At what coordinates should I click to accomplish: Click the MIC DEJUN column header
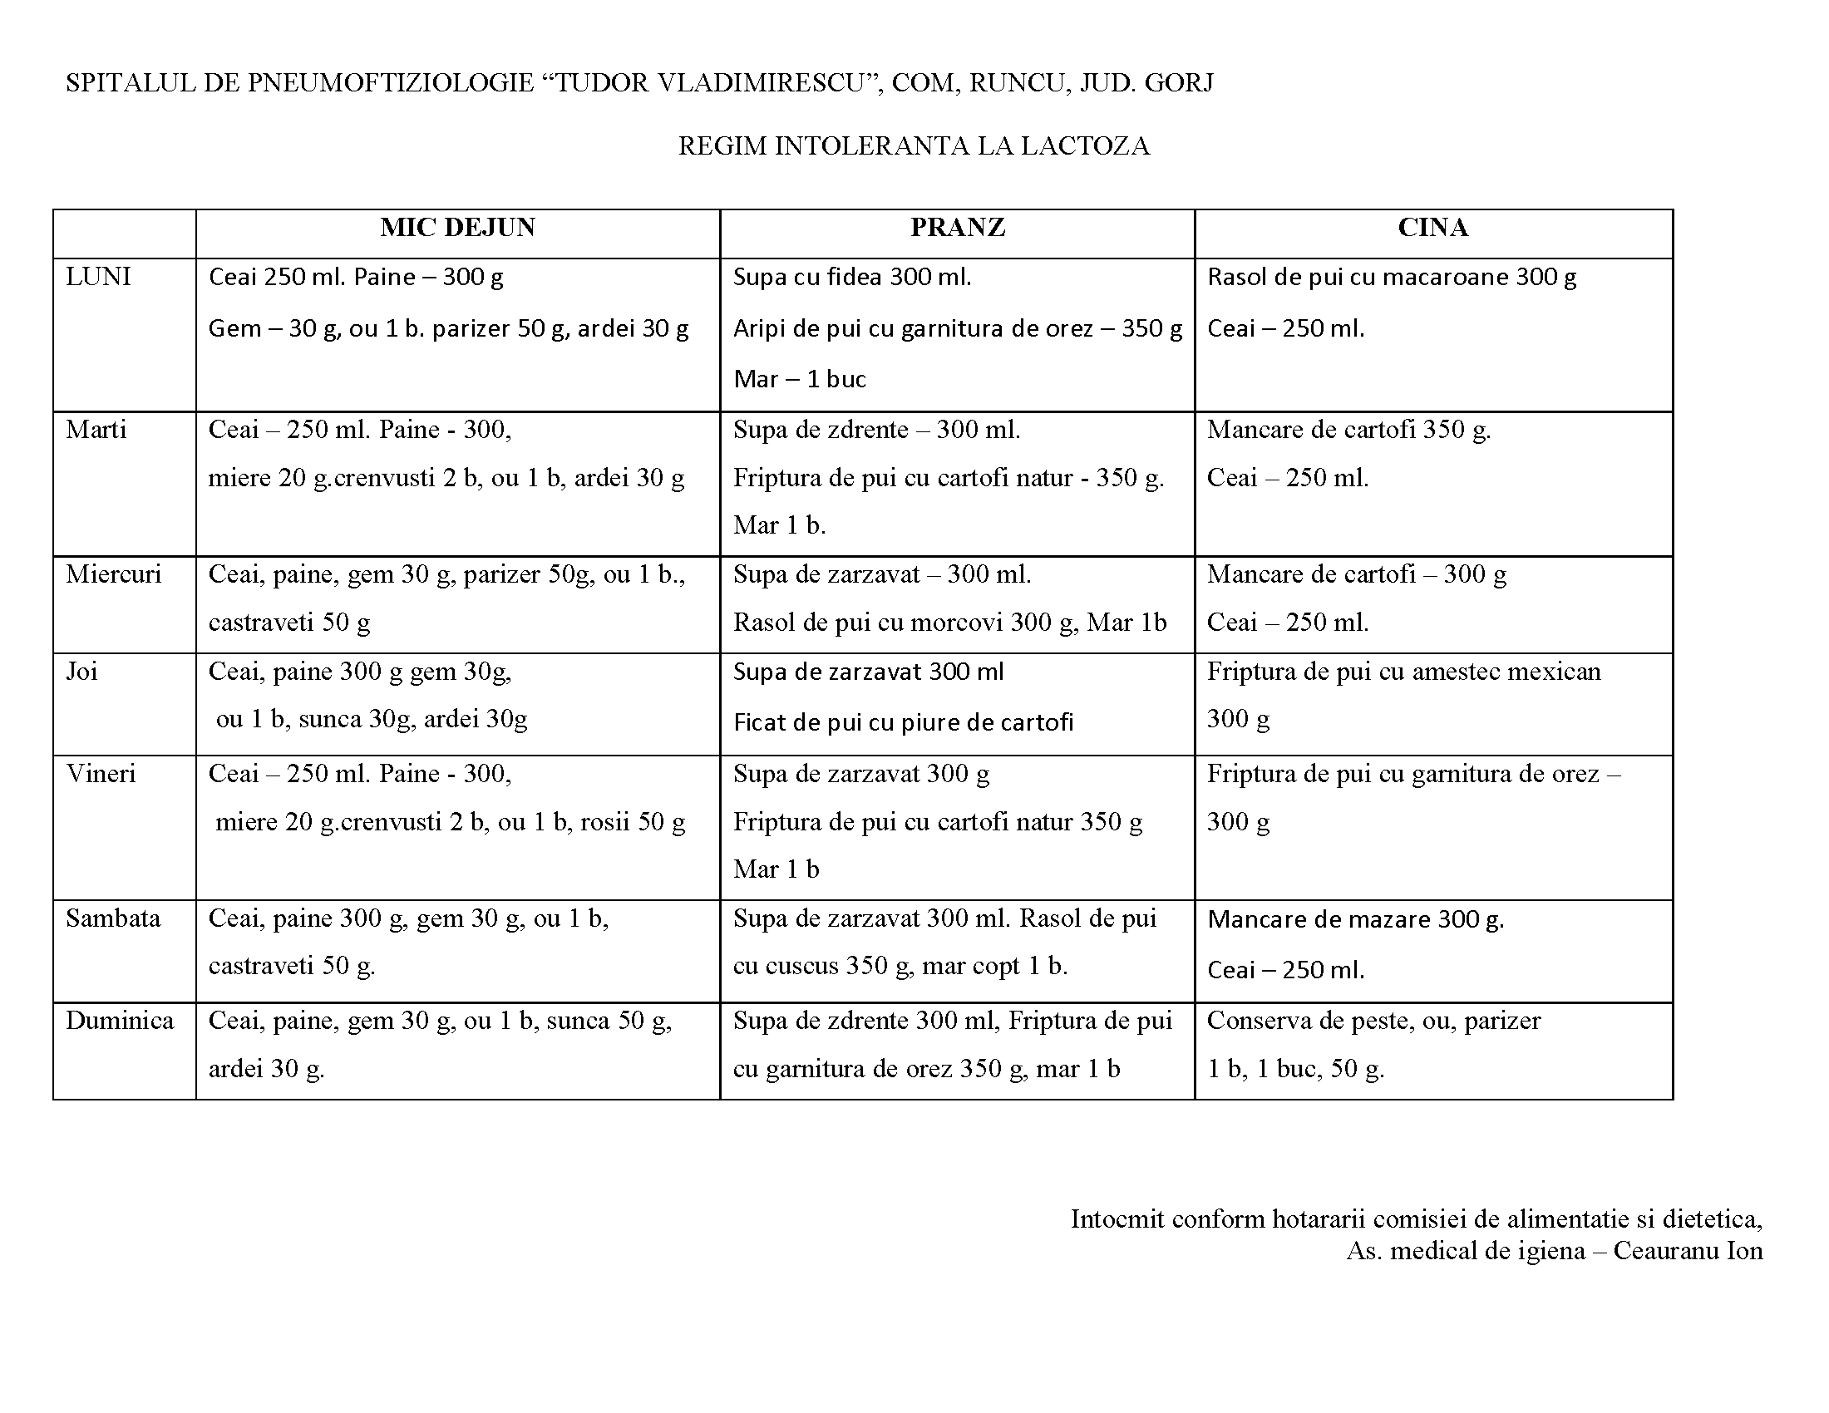[x=457, y=228]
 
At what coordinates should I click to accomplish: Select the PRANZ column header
[x=957, y=228]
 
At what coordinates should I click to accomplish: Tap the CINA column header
[x=1432, y=228]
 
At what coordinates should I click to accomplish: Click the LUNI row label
[x=98, y=277]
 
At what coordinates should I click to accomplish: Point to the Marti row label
[x=96, y=430]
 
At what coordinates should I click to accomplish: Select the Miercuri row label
[x=113, y=574]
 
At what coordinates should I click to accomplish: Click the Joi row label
[x=82, y=672]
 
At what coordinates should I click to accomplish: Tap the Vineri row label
[x=101, y=774]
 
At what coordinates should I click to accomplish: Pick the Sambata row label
[x=113, y=918]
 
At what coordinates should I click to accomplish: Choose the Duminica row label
[x=120, y=1021]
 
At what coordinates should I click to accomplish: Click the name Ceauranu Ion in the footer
[x=1688, y=1251]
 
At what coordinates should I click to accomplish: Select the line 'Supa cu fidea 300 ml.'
[x=851, y=277]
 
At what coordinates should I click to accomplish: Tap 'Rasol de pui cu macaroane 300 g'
[x=1391, y=277]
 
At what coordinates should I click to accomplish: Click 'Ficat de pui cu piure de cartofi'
[x=903, y=722]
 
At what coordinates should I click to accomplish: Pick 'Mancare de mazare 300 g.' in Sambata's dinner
[x=1355, y=919]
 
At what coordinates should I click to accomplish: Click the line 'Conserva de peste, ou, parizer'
[x=1373, y=1021]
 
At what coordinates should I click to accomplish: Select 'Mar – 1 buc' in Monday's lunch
[x=799, y=379]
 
